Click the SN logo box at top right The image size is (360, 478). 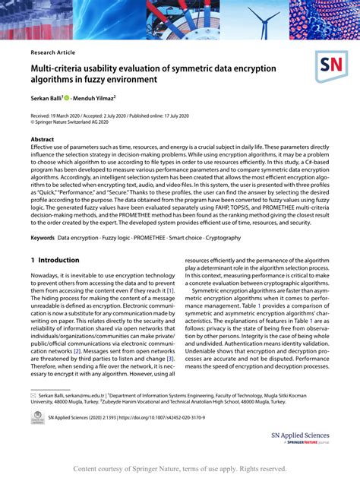(331, 68)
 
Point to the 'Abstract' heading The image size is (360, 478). (43, 140)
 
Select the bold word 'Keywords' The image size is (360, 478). (43, 238)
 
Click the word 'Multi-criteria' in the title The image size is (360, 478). (59, 68)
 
